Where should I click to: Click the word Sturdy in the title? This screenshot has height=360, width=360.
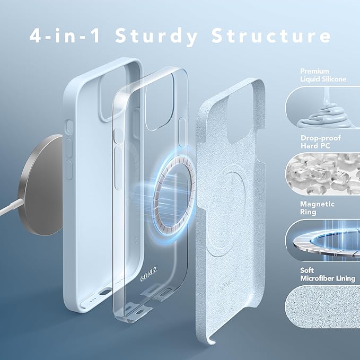[156, 36]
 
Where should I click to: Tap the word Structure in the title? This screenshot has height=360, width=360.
[271, 36]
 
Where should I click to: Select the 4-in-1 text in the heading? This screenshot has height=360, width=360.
[65, 36]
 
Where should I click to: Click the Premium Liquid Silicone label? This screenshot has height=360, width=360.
[323, 75]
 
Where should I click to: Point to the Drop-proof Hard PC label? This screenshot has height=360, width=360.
[321, 142]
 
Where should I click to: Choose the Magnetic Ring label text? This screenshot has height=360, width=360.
[317, 208]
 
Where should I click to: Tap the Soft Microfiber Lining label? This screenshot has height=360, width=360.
[328, 274]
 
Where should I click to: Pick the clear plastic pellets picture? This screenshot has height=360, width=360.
[322, 174]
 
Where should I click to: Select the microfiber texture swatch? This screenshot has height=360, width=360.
[322, 306]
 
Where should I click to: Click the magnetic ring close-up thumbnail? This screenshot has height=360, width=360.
[322, 240]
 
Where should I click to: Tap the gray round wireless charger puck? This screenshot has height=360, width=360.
[41, 185]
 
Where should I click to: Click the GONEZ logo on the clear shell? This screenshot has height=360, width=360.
[148, 274]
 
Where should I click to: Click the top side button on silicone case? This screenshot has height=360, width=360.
[69, 127]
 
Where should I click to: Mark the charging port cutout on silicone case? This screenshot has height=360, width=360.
[104, 292]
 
